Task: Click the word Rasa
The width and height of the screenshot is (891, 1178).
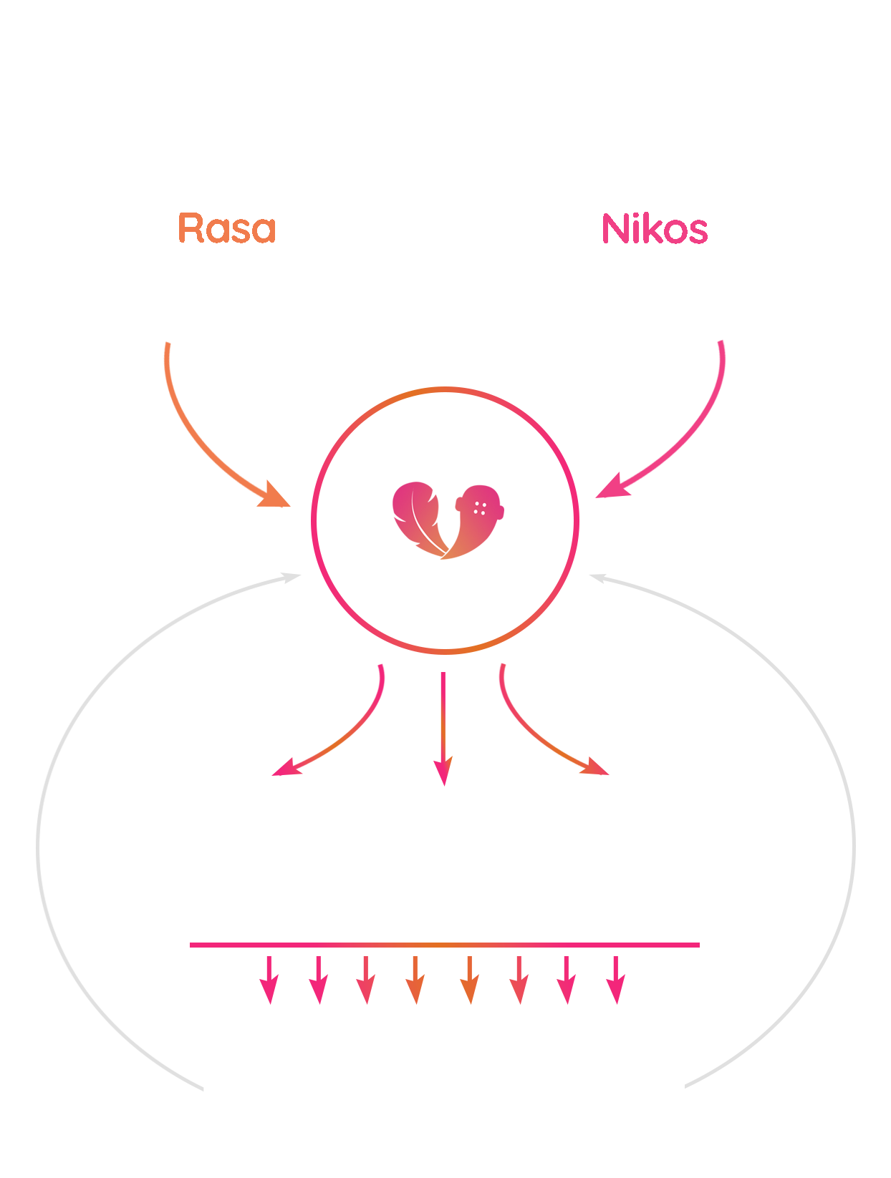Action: (226, 228)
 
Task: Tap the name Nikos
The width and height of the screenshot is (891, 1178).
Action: (654, 228)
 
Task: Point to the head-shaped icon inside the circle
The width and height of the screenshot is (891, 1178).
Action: (476, 520)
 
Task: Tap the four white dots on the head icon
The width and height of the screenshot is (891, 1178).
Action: (480, 508)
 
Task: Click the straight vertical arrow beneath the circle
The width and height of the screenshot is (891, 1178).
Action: (443, 729)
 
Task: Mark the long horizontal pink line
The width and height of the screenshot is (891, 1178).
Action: (444, 945)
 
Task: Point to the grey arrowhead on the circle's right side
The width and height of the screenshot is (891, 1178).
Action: (598, 578)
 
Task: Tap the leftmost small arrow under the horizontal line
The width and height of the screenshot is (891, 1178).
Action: (269, 980)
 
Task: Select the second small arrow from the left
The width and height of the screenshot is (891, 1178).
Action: (319, 980)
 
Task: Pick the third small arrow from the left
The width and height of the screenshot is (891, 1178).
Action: (366, 980)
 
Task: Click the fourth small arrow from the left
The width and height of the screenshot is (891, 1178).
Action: (415, 980)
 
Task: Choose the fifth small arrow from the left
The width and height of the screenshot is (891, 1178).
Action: (470, 980)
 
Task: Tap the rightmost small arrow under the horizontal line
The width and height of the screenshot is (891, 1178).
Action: (616, 980)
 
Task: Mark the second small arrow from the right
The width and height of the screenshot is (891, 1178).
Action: (567, 980)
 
